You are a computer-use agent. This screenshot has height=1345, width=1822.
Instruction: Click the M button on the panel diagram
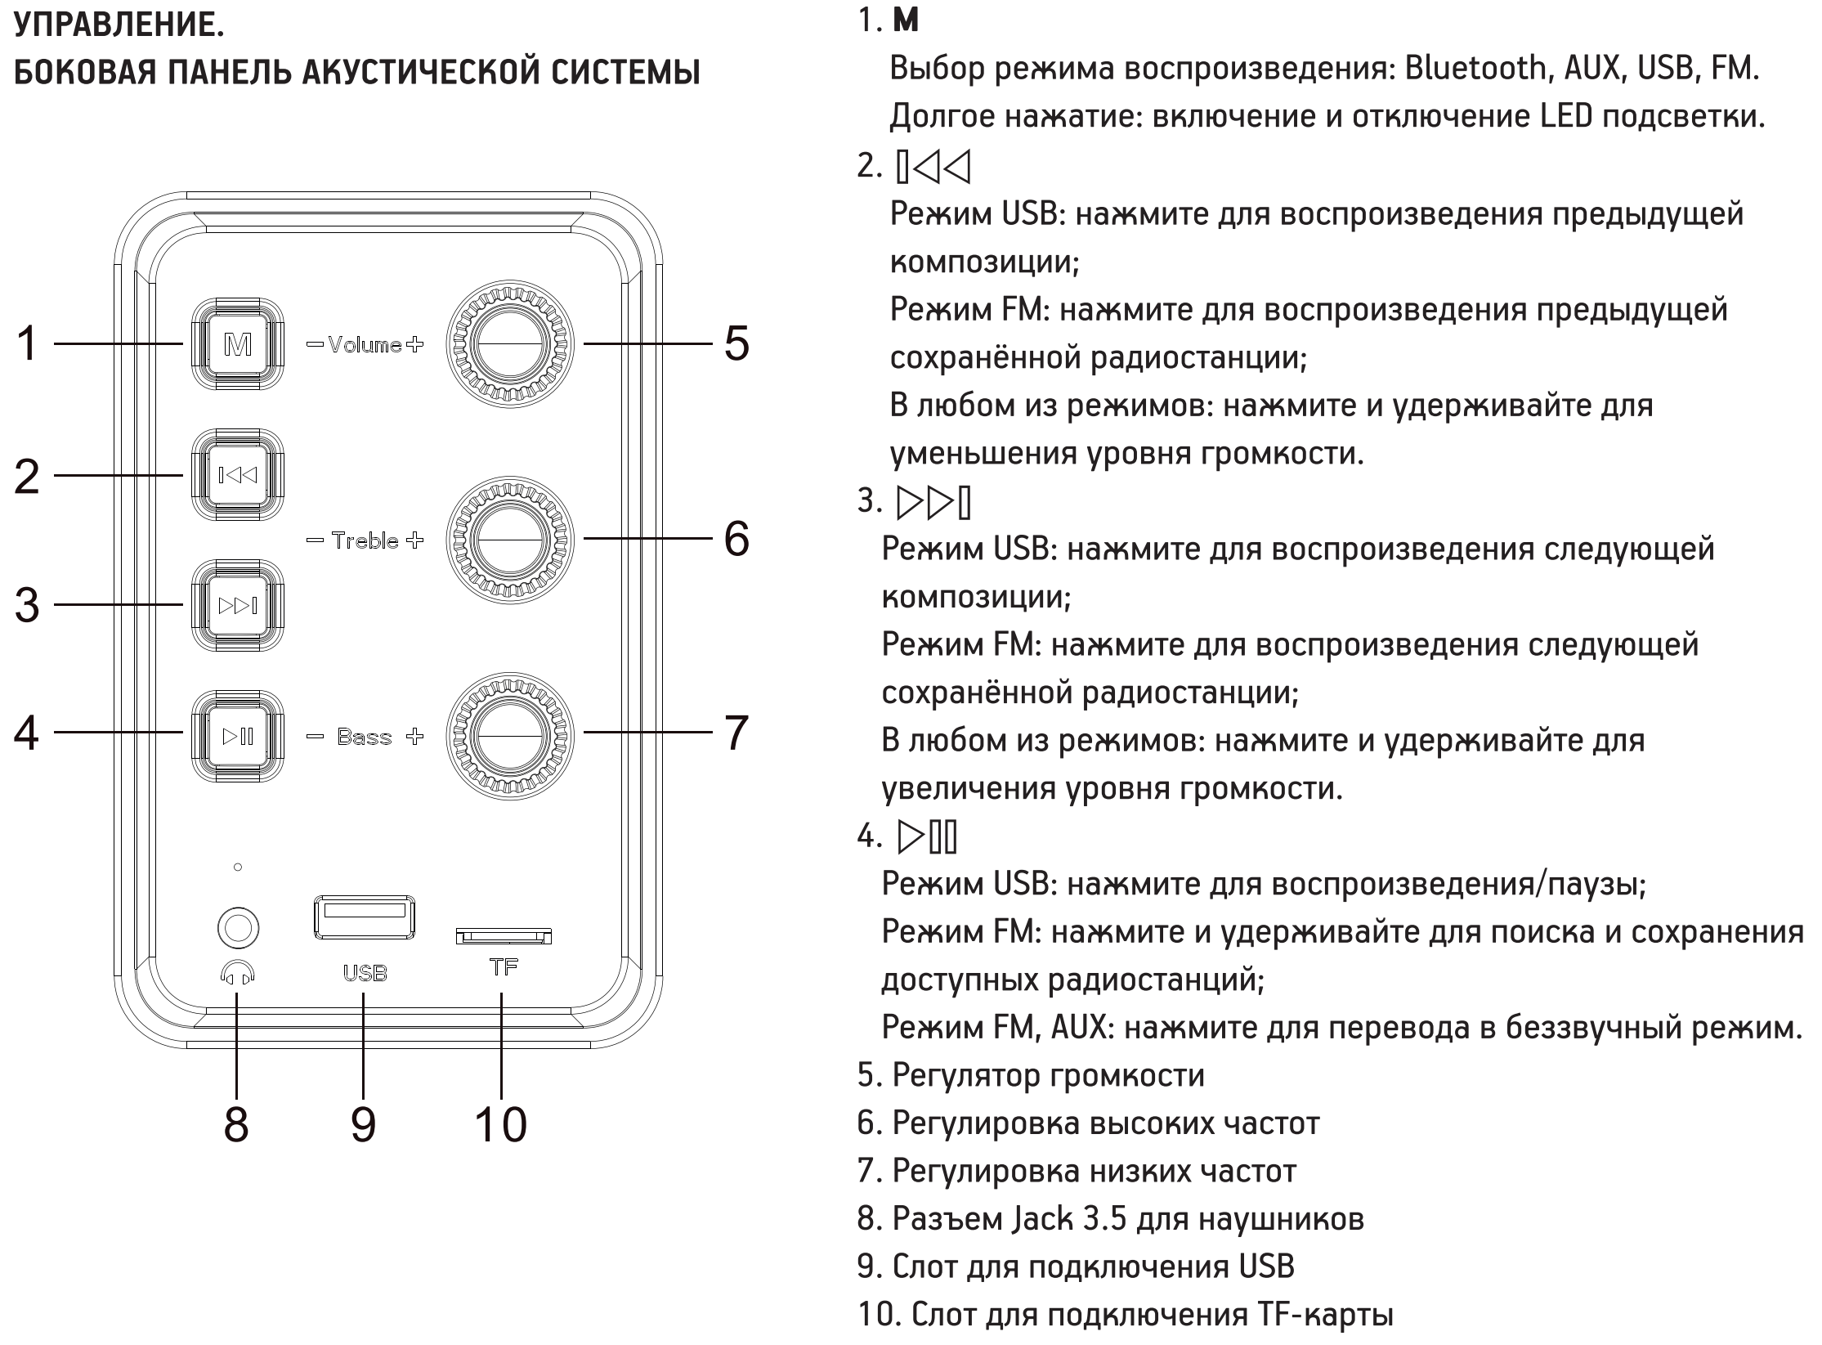238,344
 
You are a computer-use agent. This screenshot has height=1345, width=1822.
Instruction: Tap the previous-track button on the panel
238,475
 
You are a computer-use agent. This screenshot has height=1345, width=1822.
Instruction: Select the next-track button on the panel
238,605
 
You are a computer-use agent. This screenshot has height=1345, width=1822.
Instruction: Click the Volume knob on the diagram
510,343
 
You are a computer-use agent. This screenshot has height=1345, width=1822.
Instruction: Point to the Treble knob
510,540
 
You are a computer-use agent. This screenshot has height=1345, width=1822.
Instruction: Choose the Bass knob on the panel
510,735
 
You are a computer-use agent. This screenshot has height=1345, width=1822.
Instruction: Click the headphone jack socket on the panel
238,928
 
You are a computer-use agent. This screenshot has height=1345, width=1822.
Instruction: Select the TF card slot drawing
504,935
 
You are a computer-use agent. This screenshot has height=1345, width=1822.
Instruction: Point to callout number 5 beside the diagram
736,343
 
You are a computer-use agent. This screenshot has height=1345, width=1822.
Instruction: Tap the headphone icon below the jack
238,973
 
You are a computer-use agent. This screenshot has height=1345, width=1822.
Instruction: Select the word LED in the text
1565,117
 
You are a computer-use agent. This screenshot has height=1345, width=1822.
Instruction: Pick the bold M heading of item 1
906,21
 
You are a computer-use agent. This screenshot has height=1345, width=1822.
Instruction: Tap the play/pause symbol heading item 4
927,836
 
